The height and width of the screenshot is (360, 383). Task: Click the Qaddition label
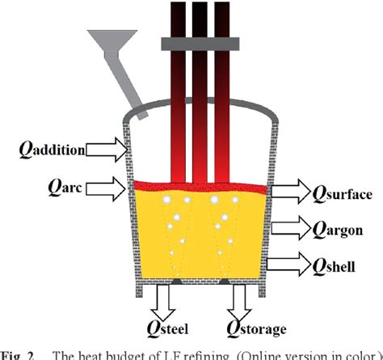click(56, 150)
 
